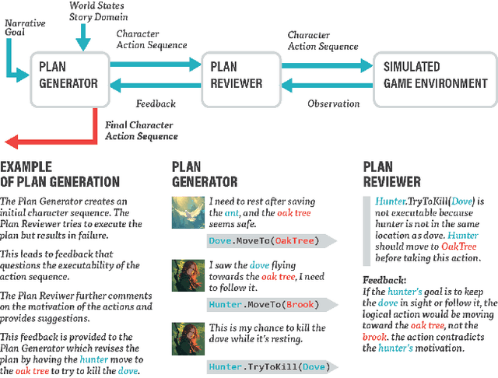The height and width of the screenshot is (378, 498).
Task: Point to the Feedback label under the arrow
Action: [156, 103]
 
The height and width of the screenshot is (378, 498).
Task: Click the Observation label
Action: [333, 103]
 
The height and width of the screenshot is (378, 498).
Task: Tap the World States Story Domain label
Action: [97, 12]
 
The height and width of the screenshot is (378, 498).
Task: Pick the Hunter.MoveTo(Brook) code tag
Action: [251, 305]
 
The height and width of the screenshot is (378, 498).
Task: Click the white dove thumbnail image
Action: [188, 212]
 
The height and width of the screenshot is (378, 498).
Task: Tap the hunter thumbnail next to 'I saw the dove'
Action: [188, 275]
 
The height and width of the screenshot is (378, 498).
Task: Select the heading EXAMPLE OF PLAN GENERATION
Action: [60, 175]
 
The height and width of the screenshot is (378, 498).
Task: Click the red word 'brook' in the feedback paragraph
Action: [377, 337]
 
